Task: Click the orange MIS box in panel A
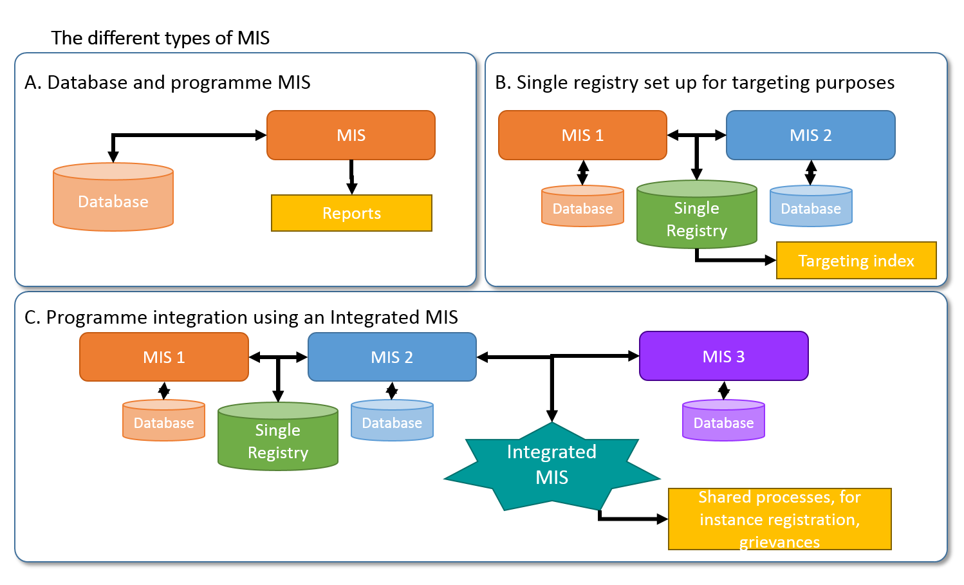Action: click(351, 135)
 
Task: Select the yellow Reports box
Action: click(351, 213)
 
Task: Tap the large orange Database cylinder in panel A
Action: click(113, 197)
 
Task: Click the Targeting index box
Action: click(857, 261)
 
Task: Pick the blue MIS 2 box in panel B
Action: click(811, 135)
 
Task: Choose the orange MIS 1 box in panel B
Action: click(582, 135)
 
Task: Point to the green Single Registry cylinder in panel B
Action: click(697, 214)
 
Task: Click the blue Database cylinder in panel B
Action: click(811, 206)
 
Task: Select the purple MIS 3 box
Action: click(724, 356)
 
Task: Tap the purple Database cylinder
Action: click(724, 420)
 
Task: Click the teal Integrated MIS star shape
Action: click(552, 467)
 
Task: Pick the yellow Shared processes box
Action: click(780, 519)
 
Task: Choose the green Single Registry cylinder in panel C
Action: click(278, 436)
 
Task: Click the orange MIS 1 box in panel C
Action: click(164, 357)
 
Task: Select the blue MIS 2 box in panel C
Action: click(392, 357)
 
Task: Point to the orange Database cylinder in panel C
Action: click(164, 420)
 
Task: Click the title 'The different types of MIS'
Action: click(160, 38)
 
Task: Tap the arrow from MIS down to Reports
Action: click(351, 177)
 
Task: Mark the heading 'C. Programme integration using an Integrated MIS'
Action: click(241, 317)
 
